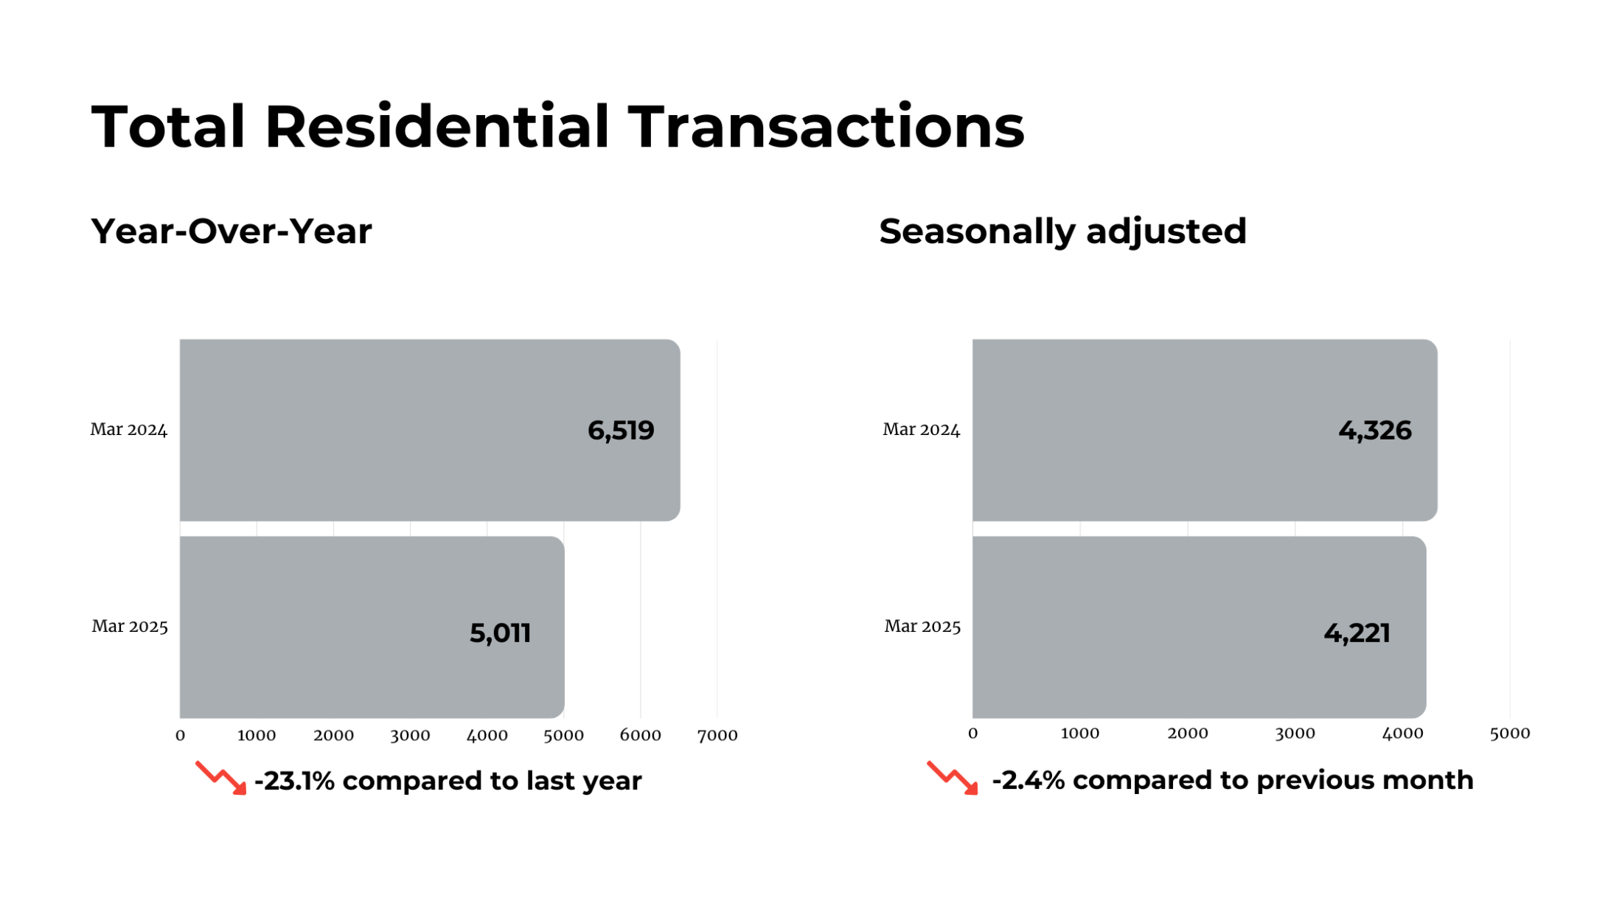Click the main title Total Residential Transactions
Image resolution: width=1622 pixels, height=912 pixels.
coord(557,127)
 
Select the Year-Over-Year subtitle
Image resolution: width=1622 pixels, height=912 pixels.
coord(232,232)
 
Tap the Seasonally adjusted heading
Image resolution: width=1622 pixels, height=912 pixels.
coord(1062,232)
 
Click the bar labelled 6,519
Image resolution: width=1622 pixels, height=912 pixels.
coord(430,430)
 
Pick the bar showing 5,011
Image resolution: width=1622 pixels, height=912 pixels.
coord(372,627)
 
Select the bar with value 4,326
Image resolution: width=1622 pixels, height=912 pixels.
coord(1205,430)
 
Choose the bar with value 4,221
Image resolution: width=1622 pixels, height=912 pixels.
coord(1200,627)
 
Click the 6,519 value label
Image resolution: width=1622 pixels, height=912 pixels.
coord(621,431)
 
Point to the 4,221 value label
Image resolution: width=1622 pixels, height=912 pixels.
coord(1357,633)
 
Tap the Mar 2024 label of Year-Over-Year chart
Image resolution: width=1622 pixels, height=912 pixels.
coord(129,430)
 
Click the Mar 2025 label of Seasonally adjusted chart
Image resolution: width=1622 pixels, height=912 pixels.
coord(922,627)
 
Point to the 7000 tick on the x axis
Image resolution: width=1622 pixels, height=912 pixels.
coord(717,735)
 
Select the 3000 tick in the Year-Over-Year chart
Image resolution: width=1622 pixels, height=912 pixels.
coord(410,735)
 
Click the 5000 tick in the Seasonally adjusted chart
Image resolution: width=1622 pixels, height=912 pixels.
coord(1510,734)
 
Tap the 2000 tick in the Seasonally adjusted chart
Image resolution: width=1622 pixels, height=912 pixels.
coord(1188,734)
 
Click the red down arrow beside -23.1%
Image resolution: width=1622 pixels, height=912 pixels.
coord(221,779)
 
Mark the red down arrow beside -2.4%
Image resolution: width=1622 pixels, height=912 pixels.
coord(953,778)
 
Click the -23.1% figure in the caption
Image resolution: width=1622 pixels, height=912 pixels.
coord(294,781)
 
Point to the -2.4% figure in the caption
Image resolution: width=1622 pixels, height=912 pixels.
coord(1028,780)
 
